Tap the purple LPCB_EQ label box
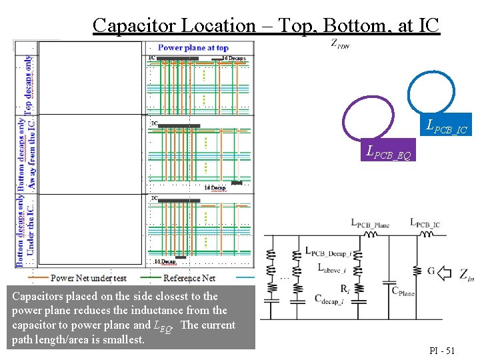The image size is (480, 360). point(389,151)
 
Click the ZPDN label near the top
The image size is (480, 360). point(339,45)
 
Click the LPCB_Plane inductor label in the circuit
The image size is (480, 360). point(370,224)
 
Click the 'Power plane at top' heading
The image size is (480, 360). point(193,47)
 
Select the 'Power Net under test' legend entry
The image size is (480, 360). point(89,277)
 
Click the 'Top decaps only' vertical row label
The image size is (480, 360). point(29,83)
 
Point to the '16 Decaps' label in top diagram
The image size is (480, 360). point(234,59)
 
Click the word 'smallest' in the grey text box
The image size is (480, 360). point(124,340)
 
